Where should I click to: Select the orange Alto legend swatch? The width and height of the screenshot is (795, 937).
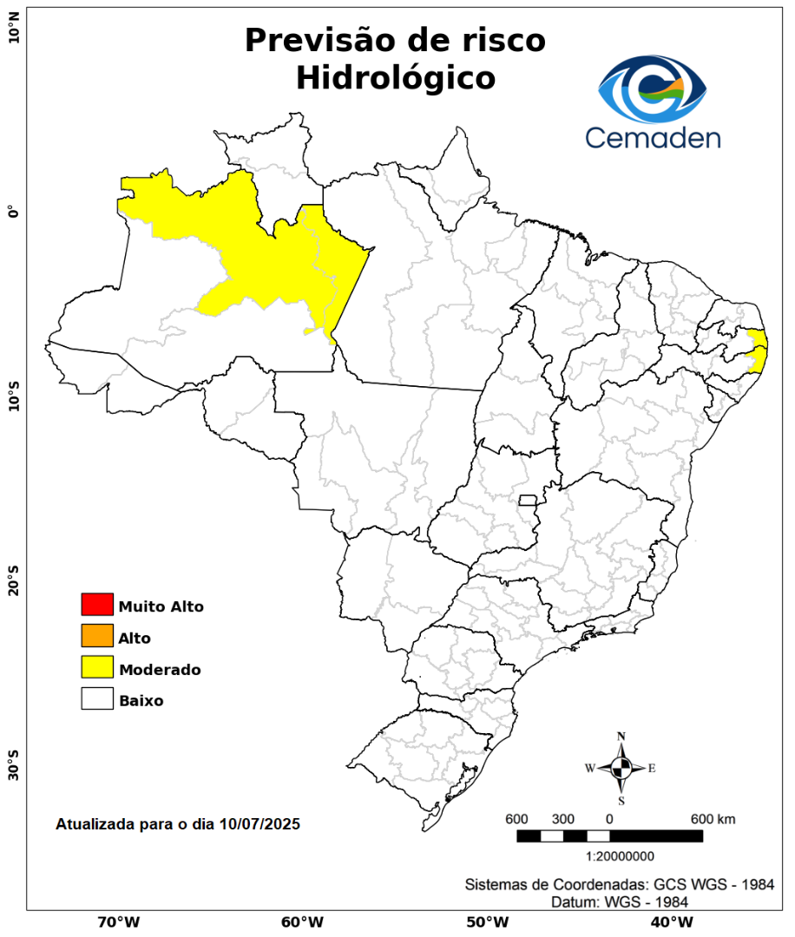[97, 636]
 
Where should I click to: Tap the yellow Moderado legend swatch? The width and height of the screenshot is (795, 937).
[97, 667]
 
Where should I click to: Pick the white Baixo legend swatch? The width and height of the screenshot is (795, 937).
[97, 698]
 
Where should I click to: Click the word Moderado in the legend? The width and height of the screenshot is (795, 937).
[161, 670]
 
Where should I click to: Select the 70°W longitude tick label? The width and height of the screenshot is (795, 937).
[118, 921]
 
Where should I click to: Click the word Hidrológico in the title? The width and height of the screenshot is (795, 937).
[396, 78]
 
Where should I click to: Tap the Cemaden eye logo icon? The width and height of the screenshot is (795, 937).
[653, 90]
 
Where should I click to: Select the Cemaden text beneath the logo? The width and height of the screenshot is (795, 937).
[653, 138]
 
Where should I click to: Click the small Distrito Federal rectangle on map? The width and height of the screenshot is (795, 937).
[528, 500]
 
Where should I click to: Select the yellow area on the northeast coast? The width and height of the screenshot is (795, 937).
[759, 351]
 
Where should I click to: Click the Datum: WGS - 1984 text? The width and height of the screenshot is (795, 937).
[620, 902]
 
